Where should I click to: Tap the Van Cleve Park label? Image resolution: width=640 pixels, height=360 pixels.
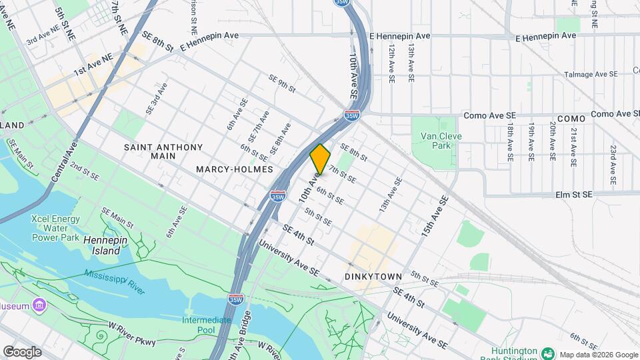click(x=441, y=141)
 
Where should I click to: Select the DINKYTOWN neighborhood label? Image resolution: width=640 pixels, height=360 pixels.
click(x=373, y=276)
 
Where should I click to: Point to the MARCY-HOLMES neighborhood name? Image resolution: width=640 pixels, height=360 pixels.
click(x=235, y=169)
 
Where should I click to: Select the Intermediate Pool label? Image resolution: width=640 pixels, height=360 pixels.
click(x=207, y=325)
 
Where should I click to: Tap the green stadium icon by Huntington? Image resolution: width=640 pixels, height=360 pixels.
click(x=548, y=353)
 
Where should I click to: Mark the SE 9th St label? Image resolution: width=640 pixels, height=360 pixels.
click(x=281, y=84)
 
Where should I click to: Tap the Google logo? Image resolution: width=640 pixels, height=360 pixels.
click(x=22, y=352)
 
